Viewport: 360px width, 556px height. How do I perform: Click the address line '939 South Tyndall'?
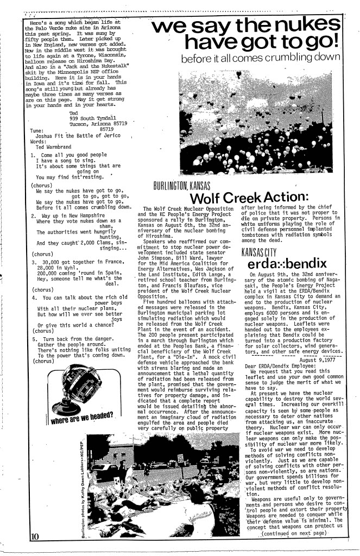click(x=93, y=118)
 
